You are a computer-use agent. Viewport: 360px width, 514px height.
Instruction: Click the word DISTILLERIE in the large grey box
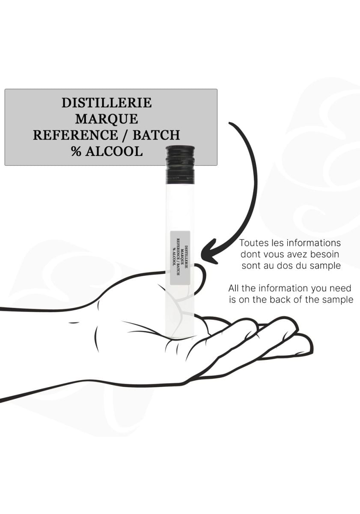107,102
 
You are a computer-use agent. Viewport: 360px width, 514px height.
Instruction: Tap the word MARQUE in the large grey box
107,119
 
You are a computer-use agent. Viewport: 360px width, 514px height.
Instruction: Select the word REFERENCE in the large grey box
75,135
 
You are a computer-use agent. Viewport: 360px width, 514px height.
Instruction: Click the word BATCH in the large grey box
156,135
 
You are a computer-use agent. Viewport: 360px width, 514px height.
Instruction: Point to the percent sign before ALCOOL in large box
76,151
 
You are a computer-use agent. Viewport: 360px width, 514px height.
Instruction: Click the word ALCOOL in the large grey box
114,151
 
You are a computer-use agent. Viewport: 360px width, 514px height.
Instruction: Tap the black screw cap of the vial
180,164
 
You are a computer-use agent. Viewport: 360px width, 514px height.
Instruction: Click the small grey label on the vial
180,258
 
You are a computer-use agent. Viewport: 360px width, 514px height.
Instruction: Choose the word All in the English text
234,288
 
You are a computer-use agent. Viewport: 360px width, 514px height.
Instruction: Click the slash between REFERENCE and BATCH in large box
125,135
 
